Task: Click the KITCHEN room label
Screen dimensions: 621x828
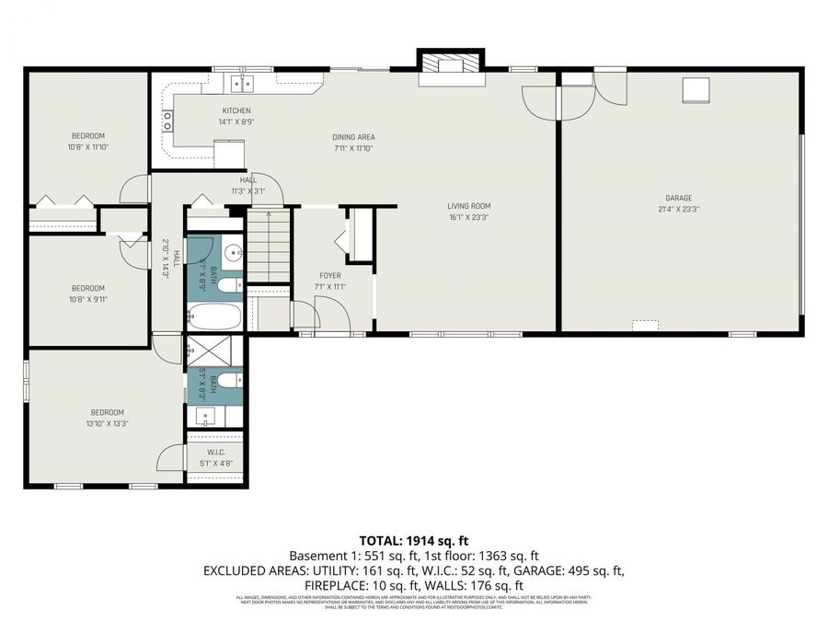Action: coord(236,111)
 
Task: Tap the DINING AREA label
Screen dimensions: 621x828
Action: coord(353,137)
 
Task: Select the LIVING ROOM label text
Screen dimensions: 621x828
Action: coord(468,206)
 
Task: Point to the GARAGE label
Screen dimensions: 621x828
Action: coord(679,198)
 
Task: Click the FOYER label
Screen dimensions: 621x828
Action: coord(329,275)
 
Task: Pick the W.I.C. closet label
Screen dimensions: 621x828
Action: coord(215,452)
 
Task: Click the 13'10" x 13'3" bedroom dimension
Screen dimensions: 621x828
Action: coord(107,424)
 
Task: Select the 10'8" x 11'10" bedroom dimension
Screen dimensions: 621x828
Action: coord(87,147)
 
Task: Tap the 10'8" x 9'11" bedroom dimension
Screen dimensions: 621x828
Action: coord(88,299)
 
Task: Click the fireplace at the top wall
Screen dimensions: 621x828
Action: coord(450,67)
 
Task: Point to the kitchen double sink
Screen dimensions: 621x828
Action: coord(243,85)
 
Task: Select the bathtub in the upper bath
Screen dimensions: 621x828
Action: coord(214,317)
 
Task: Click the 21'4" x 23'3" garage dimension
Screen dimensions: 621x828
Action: coord(679,209)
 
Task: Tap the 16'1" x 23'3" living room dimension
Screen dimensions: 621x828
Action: coord(468,217)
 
